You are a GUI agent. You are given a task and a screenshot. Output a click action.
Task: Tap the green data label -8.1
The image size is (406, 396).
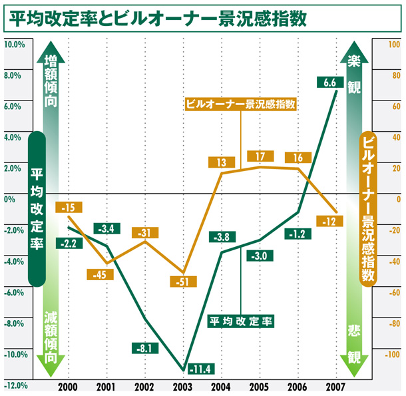pos(144,347)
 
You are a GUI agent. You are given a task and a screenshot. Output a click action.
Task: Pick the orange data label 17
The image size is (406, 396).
pos(260,156)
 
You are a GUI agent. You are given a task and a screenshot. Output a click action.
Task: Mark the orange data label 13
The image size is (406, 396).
pos(222,162)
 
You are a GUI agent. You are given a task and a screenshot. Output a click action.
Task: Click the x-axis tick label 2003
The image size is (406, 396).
pos(182,387)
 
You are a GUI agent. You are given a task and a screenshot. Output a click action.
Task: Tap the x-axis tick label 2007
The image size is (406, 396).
pos(335,387)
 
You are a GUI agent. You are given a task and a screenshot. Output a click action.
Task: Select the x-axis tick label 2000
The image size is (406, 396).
pos(68,387)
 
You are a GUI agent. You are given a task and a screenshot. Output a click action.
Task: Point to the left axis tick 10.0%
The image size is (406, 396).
pos(14,45)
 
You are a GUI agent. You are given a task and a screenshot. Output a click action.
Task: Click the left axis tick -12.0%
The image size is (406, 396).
pos(14,385)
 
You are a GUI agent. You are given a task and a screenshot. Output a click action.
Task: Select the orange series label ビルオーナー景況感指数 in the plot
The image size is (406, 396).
pos(240,104)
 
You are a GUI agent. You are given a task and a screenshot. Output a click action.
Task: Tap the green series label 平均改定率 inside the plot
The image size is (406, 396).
pos(242,321)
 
